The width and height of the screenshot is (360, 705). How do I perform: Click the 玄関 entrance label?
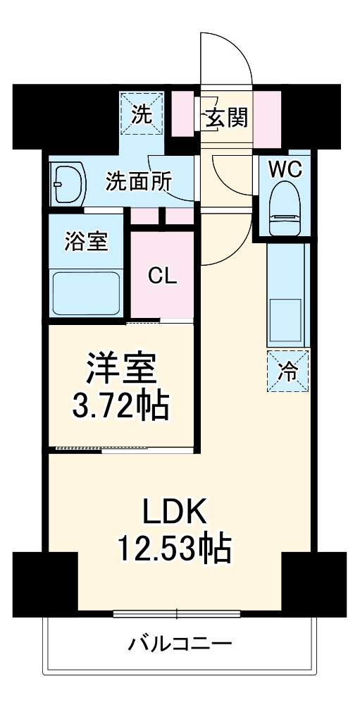point(226,119)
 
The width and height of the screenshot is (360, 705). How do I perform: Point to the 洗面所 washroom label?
point(138,181)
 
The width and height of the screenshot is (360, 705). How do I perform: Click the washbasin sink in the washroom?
point(67,184)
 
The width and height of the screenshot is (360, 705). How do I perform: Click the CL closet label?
point(162,276)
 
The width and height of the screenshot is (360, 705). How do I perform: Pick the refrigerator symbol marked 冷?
point(288,369)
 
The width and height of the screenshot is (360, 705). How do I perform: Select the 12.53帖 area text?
point(177,548)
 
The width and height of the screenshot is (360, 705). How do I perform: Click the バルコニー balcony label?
point(180,644)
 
